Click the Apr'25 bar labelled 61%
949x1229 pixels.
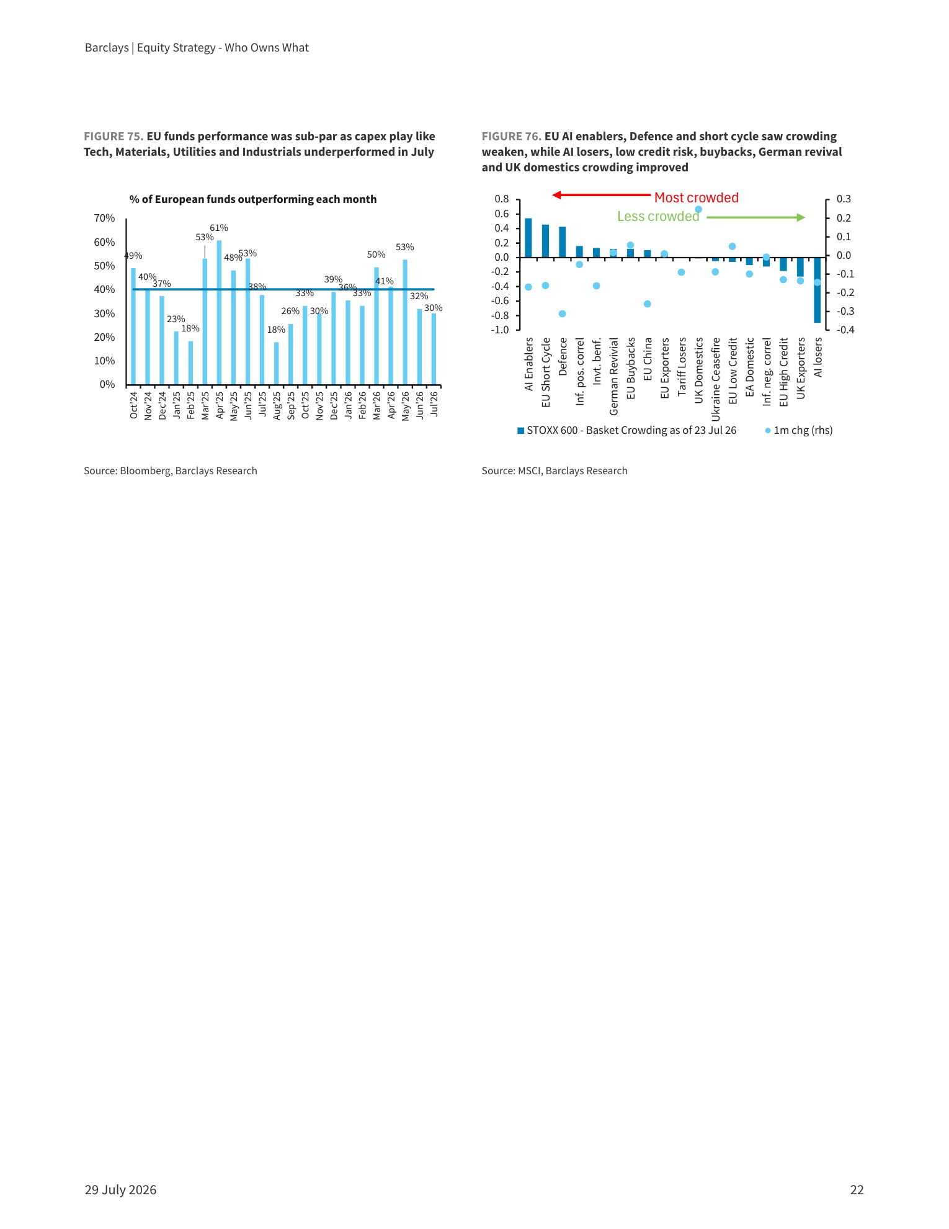219,312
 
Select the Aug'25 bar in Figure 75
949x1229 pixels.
276,363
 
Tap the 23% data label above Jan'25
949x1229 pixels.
176,319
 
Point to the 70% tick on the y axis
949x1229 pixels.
104,218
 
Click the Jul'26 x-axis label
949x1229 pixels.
434,404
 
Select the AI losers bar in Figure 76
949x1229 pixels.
818,290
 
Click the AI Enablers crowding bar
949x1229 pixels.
528,238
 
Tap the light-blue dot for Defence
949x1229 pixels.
563,314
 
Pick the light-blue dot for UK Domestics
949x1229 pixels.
698,209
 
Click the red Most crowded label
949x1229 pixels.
697,197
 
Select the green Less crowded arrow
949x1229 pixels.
756,217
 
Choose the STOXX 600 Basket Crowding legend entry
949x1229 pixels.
627,430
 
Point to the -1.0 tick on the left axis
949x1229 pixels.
500,330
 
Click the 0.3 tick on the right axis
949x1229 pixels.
844,199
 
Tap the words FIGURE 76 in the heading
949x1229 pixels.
512,137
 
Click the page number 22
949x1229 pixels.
857,1190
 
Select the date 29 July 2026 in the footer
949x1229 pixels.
121,1190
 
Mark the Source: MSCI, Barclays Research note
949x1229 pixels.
555,470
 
